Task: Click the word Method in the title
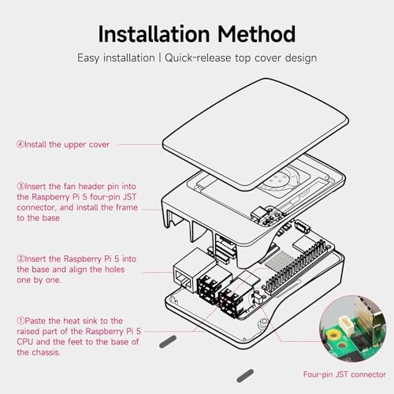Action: [x=257, y=34]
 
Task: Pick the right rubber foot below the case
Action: [x=246, y=375]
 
